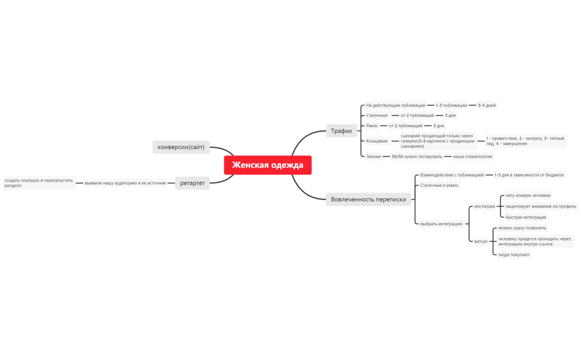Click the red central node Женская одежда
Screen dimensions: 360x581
[268, 165]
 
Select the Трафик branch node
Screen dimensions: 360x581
[341, 131]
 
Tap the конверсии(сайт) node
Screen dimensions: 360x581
[181, 147]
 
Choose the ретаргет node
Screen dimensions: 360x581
[192, 183]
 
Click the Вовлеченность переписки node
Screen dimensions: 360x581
[368, 200]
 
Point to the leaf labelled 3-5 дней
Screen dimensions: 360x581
[487, 105]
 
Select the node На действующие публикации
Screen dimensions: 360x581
[396, 105]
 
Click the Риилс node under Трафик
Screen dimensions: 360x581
[372, 125]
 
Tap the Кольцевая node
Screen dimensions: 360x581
[377, 141]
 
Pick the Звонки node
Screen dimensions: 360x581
[374, 156]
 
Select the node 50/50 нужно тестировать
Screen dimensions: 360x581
[417, 156]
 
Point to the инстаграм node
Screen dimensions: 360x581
[484, 206]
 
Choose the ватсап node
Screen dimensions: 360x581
[480, 242]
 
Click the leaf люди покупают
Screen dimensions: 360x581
[514, 254]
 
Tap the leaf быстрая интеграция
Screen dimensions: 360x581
[526, 217]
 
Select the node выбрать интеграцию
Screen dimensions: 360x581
[441, 224]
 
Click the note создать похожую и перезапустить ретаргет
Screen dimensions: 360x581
[39, 183]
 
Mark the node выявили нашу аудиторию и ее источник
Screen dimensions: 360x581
[125, 183]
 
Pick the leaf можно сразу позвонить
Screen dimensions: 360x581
[522, 228]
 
